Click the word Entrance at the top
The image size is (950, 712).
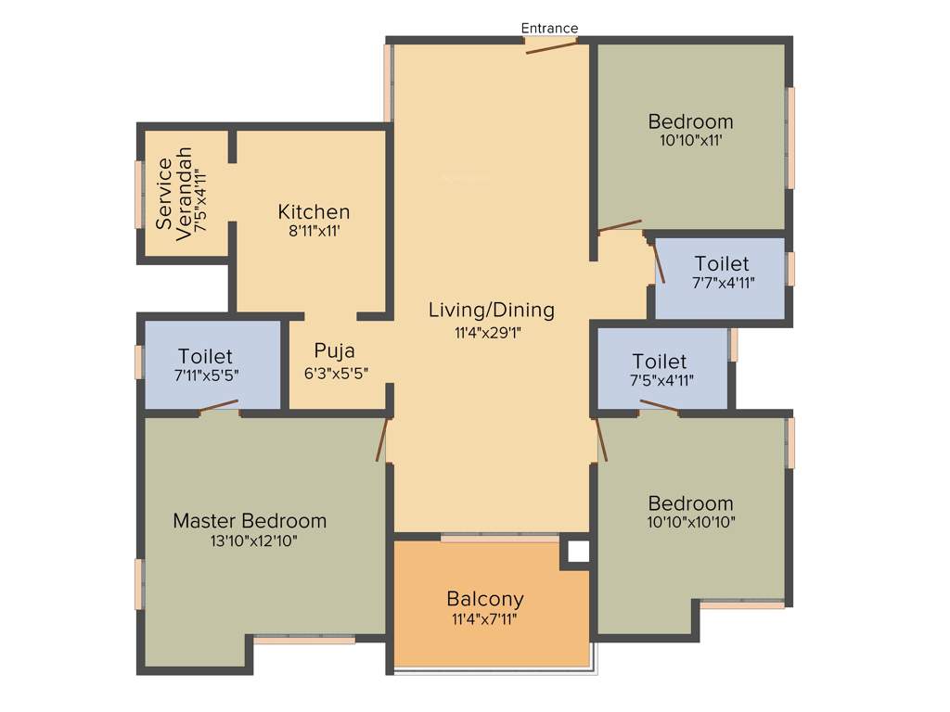(549, 28)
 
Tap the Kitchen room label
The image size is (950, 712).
(314, 212)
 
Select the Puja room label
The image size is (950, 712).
(334, 350)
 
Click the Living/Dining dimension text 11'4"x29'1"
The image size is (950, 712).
(491, 333)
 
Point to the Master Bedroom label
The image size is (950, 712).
(250, 521)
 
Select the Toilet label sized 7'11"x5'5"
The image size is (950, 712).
(205, 356)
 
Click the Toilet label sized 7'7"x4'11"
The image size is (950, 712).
(722, 264)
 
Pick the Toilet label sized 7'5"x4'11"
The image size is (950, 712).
(660, 361)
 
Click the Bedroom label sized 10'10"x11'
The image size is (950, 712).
(690, 121)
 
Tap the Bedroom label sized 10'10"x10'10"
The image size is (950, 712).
(690, 503)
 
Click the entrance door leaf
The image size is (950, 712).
(551, 46)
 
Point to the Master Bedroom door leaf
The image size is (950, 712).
(380, 439)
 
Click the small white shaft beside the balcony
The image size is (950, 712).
(577, 552)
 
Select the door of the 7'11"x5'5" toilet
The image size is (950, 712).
(219, 404)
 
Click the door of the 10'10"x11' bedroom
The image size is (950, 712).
(620, 224)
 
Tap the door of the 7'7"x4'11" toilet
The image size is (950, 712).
(659, 261)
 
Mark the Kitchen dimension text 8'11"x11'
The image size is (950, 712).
(314, 232)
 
